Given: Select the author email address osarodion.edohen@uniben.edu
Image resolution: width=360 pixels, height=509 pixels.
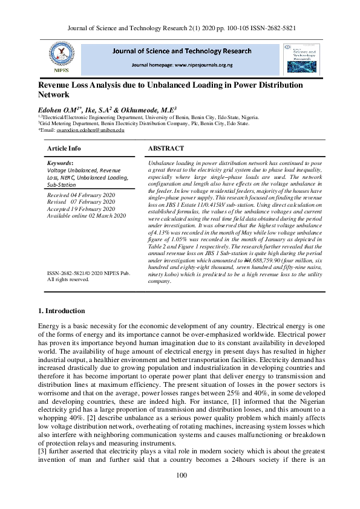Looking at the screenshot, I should pos(90,130).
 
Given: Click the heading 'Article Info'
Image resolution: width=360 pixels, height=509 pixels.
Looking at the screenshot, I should pos(64,148).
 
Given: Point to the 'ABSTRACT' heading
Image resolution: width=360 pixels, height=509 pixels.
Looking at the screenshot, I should pos(167,148).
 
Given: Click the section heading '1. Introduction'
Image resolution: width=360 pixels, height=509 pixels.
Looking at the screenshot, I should pos(61,311).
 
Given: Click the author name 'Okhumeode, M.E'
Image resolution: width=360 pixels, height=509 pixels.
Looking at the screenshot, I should pos(151,110).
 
